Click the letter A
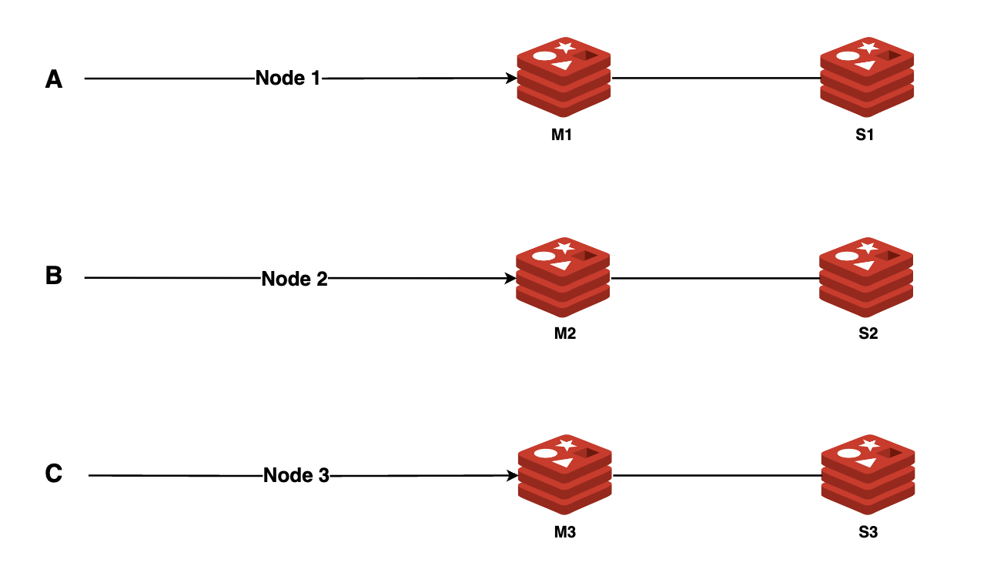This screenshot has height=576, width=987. pos(54,79)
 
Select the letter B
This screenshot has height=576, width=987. pos(54,276)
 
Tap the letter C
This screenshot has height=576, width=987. pos(54,474)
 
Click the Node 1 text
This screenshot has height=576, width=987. pos(287,78)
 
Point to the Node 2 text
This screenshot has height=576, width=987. pos(295,278)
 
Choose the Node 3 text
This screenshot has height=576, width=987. pos(296,476)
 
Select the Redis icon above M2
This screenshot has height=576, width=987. pos(563,277)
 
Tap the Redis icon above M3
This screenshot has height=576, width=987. pos(564,475)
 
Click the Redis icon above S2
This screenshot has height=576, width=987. pos(866,277)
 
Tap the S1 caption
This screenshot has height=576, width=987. pos(865,135)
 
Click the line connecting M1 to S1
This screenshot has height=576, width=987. pos(716,78)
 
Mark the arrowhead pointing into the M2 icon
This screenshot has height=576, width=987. pos(511,278)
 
